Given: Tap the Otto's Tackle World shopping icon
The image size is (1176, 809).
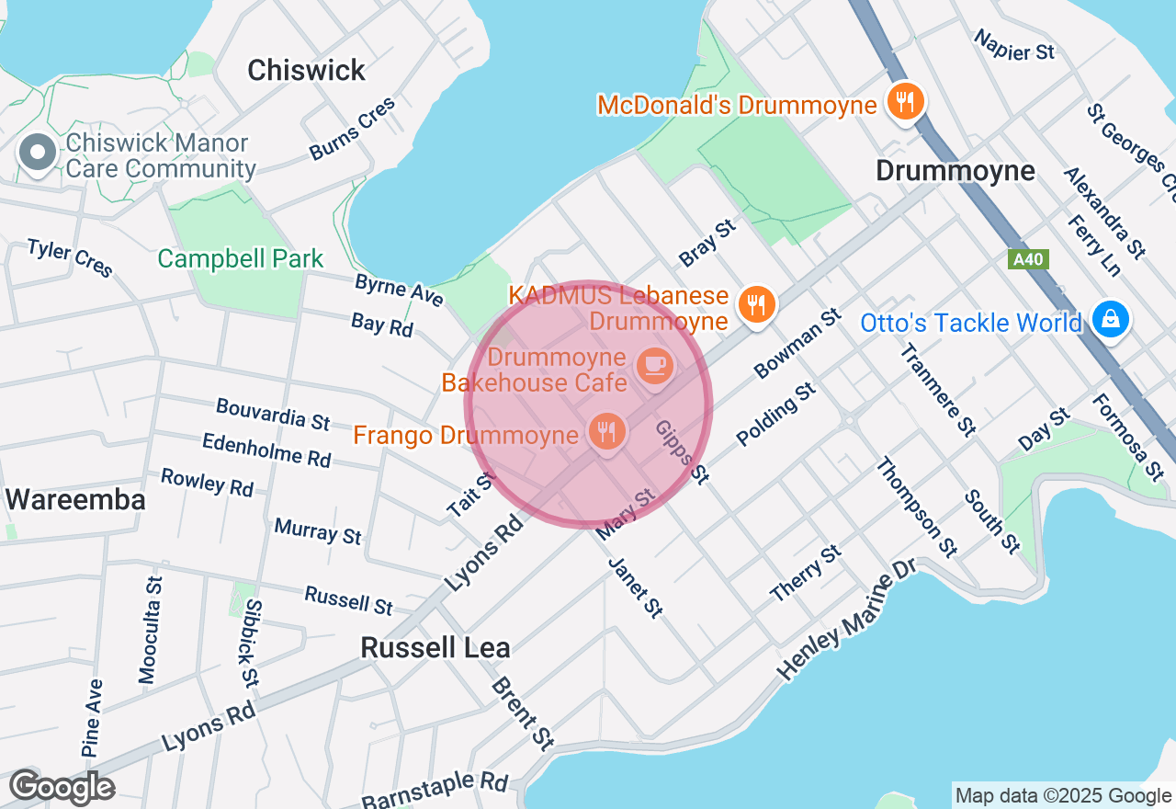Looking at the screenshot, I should tap(1111, 319).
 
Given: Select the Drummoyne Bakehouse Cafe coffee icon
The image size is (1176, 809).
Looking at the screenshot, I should tap(655, 366).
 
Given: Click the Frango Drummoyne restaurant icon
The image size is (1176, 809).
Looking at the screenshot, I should tap(606, 432).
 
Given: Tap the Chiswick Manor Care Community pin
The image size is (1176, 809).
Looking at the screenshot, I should tap(39, 154).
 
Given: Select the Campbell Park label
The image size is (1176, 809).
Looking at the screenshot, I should tap(241, 258).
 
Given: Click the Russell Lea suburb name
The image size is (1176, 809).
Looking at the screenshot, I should tap(435, 647).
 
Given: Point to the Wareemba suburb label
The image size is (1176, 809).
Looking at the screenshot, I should tap(75, 500).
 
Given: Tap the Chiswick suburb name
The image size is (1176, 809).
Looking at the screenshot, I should tap(306, 70).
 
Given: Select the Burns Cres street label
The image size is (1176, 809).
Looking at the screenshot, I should tap(353, 128).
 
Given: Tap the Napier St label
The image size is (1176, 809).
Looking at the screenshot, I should tap(1014, 45).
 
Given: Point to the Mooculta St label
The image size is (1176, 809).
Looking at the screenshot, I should tap(150, 630).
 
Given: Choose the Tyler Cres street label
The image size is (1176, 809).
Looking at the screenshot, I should tap(70, 257).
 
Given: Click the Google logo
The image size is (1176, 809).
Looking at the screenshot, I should tap(62, 788).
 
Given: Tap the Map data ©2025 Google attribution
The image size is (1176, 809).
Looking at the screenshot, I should tap(1063, 796).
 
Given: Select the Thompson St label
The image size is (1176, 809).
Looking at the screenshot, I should tap(915, 507).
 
